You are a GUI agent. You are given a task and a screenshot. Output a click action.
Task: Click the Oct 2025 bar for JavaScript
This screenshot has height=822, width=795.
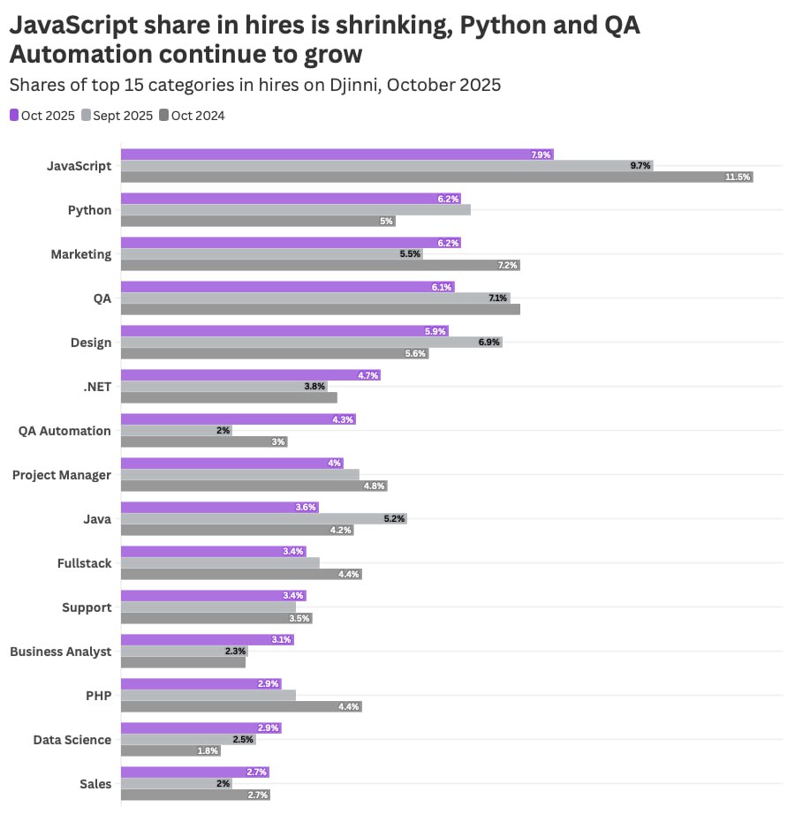tap(336, 155)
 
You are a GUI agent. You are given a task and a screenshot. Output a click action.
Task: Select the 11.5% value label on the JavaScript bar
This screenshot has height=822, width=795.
tap(738, 177)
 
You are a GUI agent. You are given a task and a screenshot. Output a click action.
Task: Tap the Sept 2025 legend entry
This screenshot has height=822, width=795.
tap(117, 116)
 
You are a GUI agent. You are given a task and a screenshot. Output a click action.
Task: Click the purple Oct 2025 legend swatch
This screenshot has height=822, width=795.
tap(14, 116)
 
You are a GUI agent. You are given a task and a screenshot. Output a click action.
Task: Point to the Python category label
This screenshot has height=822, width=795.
tap(89, 210)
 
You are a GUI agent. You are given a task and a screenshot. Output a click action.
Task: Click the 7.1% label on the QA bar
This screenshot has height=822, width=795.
tap(497, 298)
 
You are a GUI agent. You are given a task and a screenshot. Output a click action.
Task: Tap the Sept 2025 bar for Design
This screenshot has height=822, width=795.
tap(309, 343)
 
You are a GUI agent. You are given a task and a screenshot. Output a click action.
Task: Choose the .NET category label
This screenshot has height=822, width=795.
tap(95, 387)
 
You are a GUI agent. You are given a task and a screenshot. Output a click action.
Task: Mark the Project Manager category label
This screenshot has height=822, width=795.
tap(62, 475)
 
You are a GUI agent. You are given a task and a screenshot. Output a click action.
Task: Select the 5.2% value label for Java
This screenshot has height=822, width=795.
tap(394, 519)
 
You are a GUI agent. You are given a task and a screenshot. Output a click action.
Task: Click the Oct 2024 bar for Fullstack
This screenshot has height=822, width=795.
tap(240, 574)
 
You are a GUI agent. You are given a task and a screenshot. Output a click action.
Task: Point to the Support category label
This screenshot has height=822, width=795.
tap(87, 607)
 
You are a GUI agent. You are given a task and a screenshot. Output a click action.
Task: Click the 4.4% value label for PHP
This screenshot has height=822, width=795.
tap(350, 706)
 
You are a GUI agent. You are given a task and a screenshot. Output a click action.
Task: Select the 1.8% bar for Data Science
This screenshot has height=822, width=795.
tap(170, 750)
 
